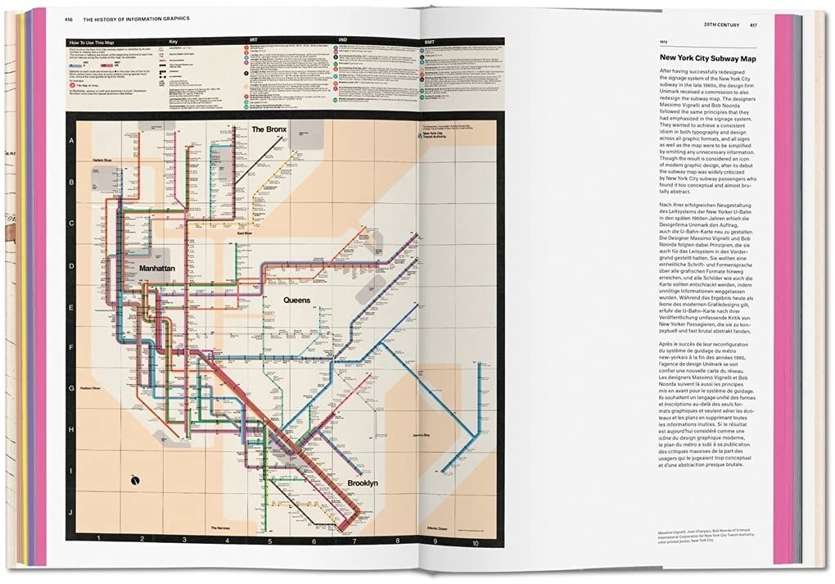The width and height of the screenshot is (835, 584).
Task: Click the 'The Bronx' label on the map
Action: tap(268, 129)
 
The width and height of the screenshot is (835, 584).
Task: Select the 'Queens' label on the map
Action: tap(296, 301)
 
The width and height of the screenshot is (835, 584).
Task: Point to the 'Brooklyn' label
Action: tap(367, 483)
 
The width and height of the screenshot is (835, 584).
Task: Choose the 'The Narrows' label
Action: tap(223, 528)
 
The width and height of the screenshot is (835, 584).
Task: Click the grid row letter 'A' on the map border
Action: tap(71, 140)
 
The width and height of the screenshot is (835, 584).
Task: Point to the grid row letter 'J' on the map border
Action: tap(71, 512)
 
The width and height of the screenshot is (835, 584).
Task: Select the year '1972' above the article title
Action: tap(667, 41)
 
